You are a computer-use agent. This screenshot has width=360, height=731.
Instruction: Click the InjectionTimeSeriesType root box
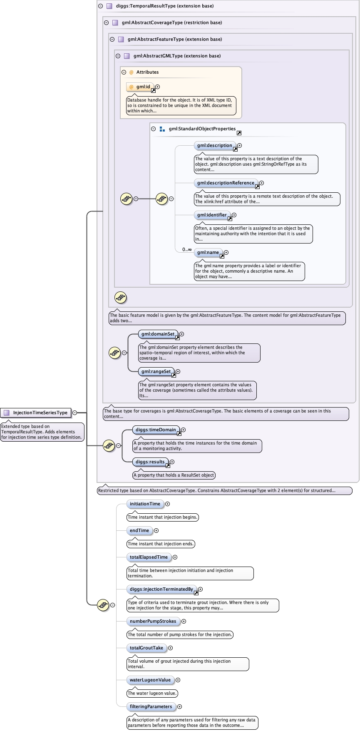coord(36,413)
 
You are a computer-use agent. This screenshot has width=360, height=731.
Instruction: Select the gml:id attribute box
coord(140,87)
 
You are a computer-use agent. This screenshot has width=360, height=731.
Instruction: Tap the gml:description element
coord(215,146)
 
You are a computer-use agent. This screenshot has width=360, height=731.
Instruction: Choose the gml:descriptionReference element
coord(226,183)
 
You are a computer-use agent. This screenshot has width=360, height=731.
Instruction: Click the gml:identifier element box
coord(212,215)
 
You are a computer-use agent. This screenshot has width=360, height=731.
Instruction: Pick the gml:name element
coord(208,253)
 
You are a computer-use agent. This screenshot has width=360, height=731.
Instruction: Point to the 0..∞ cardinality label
coord(187,250)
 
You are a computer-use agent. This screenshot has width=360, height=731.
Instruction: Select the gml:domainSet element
coord(158,334)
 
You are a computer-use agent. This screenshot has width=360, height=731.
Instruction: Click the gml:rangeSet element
coord(156,371)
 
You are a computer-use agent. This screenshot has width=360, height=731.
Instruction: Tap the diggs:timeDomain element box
coord(156,430)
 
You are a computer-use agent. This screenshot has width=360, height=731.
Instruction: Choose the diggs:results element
coord(150,462)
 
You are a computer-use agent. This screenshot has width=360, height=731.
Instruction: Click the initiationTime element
coord(145,504)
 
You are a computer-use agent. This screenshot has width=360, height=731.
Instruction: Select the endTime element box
coord(139,530)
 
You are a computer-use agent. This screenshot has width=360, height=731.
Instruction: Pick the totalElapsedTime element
coord(149,557)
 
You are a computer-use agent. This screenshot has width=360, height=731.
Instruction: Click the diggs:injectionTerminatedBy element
coord(161,589)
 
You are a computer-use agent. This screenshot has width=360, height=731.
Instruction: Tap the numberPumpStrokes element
coord(153,621)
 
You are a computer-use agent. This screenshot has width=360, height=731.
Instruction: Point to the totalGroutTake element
coord(146,648)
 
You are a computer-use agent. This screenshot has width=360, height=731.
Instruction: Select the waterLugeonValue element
coord(150,680)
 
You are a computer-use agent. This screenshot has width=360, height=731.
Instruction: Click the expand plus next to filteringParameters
coord(179,706)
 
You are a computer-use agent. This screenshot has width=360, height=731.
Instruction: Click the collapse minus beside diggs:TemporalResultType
coord(100,6)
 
